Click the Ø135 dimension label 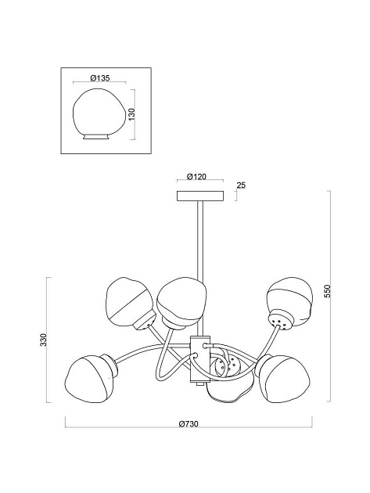pos(100,78)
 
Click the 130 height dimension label pos(131,114)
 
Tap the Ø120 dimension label pos(196,177)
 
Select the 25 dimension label pos(241,185)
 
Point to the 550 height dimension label pos(328,291)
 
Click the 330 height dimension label pos(44,340)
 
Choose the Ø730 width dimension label pos(189,424)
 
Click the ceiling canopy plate pos(200,196)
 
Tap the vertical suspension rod pos(200,268)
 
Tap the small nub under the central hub pos(199,384)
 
